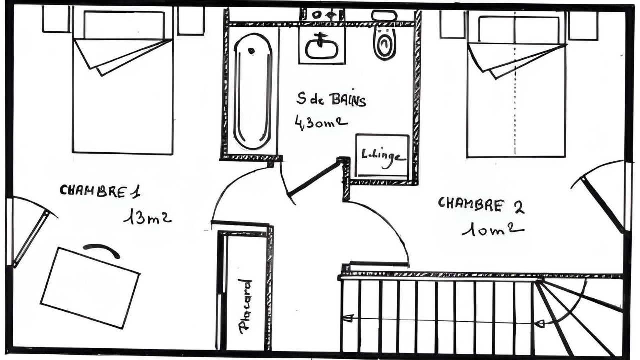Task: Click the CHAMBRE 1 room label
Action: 100,191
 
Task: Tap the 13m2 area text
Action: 147,216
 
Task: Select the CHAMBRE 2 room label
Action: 481,205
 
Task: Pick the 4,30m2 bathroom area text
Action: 321,123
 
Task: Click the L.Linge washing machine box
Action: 382,155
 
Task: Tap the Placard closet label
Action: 245,306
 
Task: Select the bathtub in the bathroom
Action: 253,91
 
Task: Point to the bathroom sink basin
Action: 322,48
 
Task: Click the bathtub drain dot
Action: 251,51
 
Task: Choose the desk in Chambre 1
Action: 90,288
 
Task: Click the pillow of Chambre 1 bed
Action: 124,25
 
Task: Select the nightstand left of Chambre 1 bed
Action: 56,19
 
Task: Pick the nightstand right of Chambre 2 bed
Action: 583,25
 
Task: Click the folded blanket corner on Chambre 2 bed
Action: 517,61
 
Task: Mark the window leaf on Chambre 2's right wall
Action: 603,204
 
